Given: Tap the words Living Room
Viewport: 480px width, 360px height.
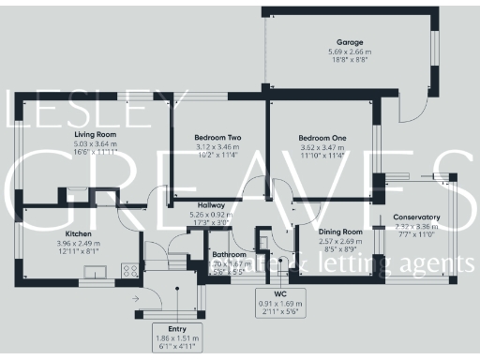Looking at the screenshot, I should point(95,135).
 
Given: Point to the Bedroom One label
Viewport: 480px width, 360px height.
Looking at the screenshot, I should point(322,138).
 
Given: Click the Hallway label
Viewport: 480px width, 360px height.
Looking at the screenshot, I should point(211,205).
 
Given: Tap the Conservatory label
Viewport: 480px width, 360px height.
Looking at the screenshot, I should point(416,217).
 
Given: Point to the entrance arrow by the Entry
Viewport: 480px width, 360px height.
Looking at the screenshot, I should point(138,300).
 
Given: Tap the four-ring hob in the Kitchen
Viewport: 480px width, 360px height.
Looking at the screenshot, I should point(129,270).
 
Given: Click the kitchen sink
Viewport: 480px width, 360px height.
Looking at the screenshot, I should point(96,273).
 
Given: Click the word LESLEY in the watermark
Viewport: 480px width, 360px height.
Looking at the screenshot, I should point(80,111).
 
